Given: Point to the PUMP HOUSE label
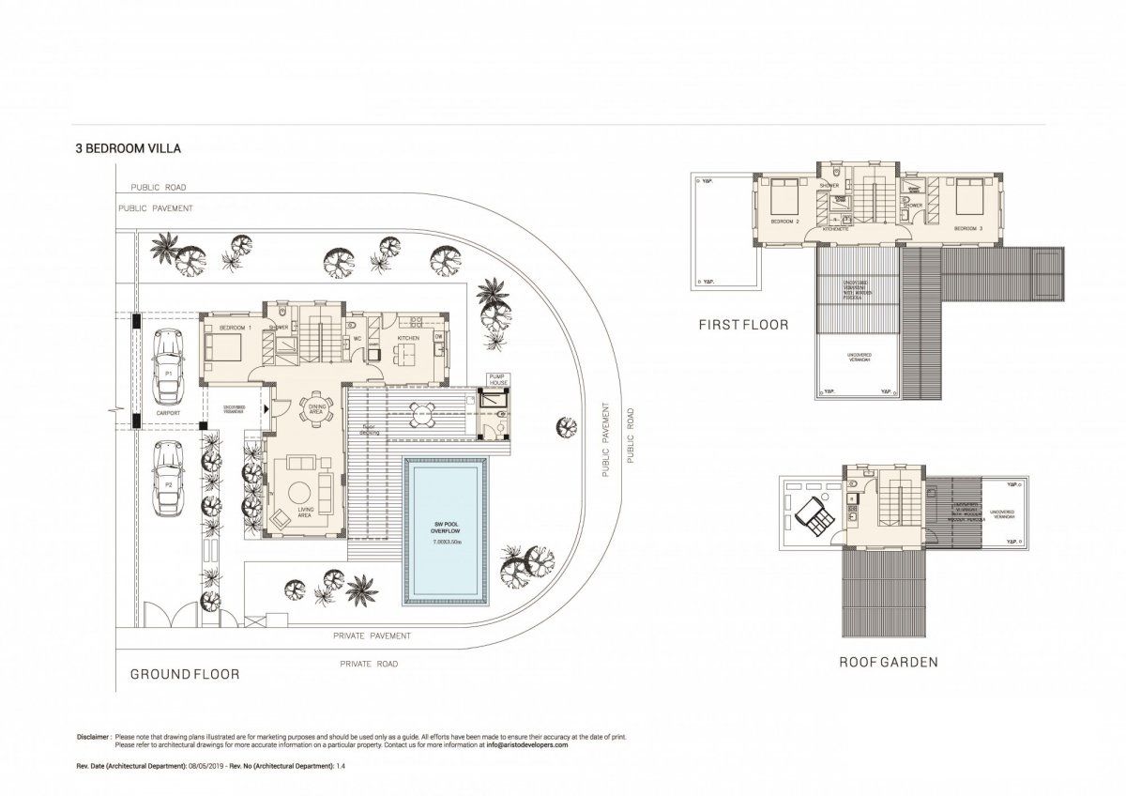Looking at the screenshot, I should coord(497,380).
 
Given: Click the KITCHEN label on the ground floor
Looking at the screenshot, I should coord(407,337).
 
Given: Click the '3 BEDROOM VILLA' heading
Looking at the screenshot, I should coord(129,147).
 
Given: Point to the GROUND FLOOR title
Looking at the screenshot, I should coord(184,674).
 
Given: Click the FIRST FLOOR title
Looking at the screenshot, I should coord(742,325).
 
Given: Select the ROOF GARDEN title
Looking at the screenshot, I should coord(889,662).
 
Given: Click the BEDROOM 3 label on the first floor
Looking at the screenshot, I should coord(967,228).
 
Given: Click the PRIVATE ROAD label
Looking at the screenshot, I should coord(369,664).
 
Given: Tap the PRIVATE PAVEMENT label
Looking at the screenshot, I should coord(372,635).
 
